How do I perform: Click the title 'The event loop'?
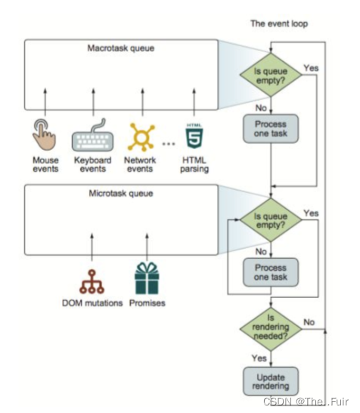coord(279,23)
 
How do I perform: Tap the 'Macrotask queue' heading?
coord(121,48)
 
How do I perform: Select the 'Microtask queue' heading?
coord(121,194)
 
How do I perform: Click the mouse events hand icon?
coord(44,135)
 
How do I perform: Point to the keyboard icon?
coord(93,135)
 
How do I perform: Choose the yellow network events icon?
coord(141,137)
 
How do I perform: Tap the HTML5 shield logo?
coord(194,136)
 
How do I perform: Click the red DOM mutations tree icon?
coord(92,281)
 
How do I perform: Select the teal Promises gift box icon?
coord(147,278)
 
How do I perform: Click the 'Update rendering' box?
coord(271,381)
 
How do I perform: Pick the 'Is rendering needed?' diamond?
coord(271,329)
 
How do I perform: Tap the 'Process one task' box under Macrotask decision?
coord(271,129)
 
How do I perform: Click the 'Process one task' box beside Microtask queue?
coord(271,272)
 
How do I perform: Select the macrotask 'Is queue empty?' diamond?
coord(271,75)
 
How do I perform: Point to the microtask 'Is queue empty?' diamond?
coord(271,220)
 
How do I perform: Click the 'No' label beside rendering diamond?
coord(309,322)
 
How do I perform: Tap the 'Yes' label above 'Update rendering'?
coord(259,359)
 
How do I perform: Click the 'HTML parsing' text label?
coord(194,165)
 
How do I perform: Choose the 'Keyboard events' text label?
coord(93,164)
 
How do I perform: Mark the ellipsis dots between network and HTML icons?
coord(169,144)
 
